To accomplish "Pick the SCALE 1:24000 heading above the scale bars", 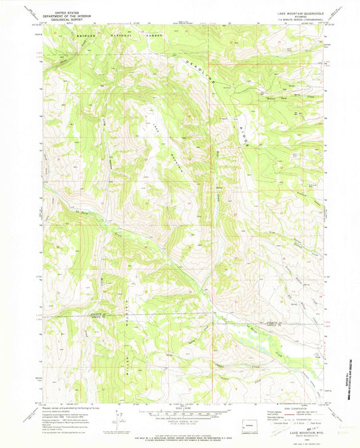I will [179, 407].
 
